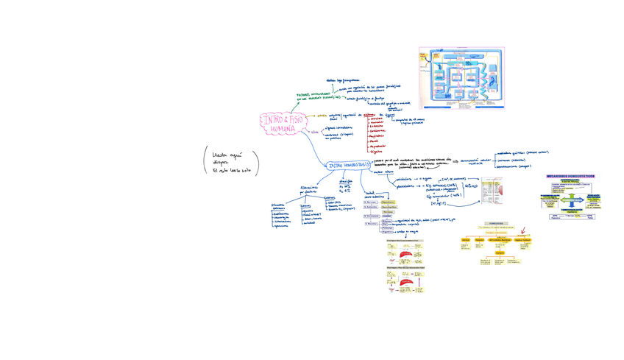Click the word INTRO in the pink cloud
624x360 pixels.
274,119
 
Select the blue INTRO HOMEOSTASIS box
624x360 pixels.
348,166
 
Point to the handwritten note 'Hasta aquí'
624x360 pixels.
227,155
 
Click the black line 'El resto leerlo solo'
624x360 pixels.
232,171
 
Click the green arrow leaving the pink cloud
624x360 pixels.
293,107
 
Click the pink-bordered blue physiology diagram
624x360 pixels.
461,78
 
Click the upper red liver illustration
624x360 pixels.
407,255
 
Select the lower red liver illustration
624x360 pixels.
407,281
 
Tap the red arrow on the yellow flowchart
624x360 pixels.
522,230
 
